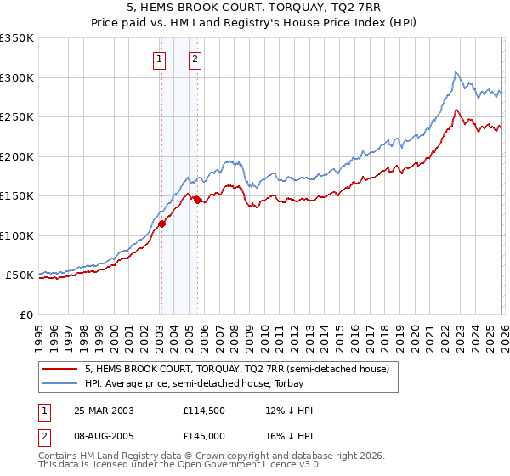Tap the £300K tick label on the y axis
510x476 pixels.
[x=17, y=77]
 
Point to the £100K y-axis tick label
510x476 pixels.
[x=17, y=235]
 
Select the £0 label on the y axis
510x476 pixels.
[x=26, y=314]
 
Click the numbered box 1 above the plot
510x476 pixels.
[x=160, y=59]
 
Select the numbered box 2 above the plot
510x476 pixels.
[x=195, y=59]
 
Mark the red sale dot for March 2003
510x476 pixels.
[x=161, y=224]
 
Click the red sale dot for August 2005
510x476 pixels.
[x=197, y=200]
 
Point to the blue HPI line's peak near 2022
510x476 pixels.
[x=456, y=72]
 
